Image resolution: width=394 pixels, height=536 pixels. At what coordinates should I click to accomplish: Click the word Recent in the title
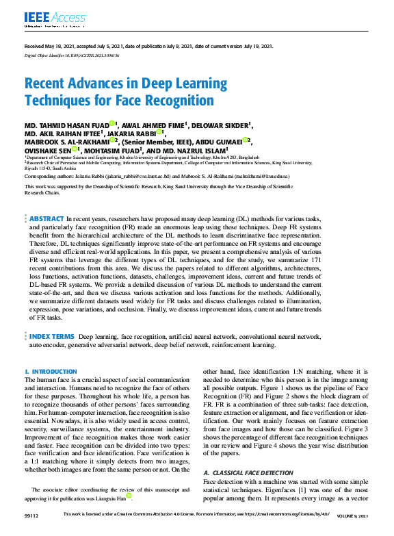44,84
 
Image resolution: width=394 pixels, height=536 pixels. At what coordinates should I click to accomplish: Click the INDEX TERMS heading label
52,337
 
